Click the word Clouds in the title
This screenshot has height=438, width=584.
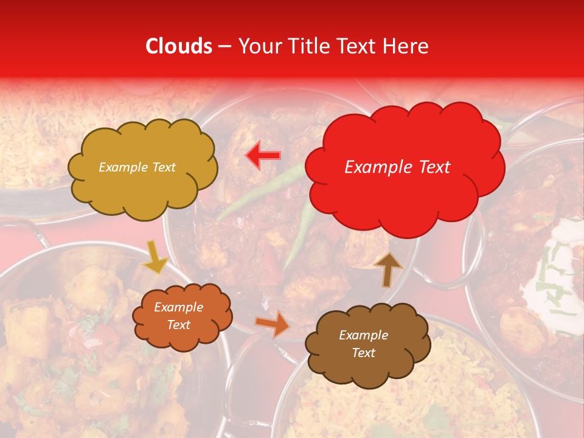coord(179,46)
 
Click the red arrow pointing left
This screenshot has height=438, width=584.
coord(263,155)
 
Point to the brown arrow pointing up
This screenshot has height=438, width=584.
coord(388,269)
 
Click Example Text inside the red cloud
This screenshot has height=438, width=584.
coord(397,167)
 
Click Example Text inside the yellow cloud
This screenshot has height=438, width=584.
coord(137,167)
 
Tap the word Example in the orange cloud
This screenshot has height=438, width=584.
coord(178,307)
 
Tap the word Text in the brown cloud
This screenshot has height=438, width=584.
coord(363,353)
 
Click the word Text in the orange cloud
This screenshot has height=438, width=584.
coord(178,325)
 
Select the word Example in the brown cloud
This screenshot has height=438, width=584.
coord(363,335)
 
